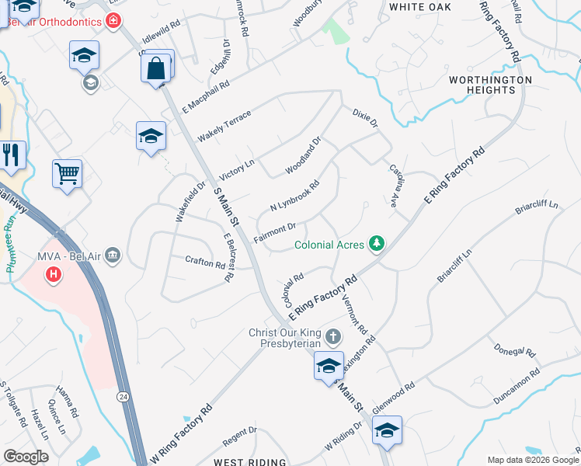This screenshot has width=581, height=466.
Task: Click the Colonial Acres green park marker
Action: point(377,244)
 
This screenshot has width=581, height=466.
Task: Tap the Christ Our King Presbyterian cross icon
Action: point(332,337)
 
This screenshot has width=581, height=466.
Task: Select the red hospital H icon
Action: point(53,274)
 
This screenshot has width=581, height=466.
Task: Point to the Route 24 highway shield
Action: point(123,396)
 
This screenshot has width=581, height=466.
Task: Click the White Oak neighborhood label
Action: point(420,7)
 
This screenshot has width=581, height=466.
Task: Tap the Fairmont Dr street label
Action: point(275,233)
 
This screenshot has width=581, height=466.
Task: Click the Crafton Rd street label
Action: point(205,263)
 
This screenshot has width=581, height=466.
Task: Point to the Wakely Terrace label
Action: point(224,126)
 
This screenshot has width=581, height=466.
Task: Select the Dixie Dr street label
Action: point(364,118)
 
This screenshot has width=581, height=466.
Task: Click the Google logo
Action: point(26,457)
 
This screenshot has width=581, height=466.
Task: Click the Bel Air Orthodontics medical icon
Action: point(114,20)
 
